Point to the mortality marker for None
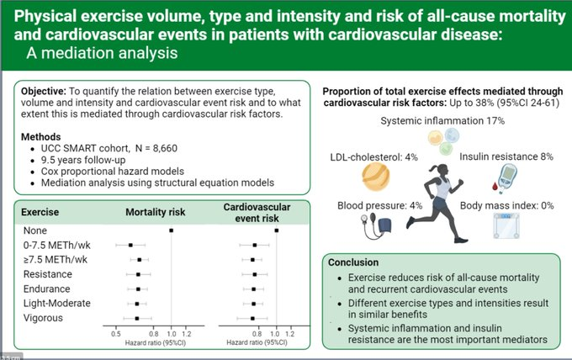(172, 229)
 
